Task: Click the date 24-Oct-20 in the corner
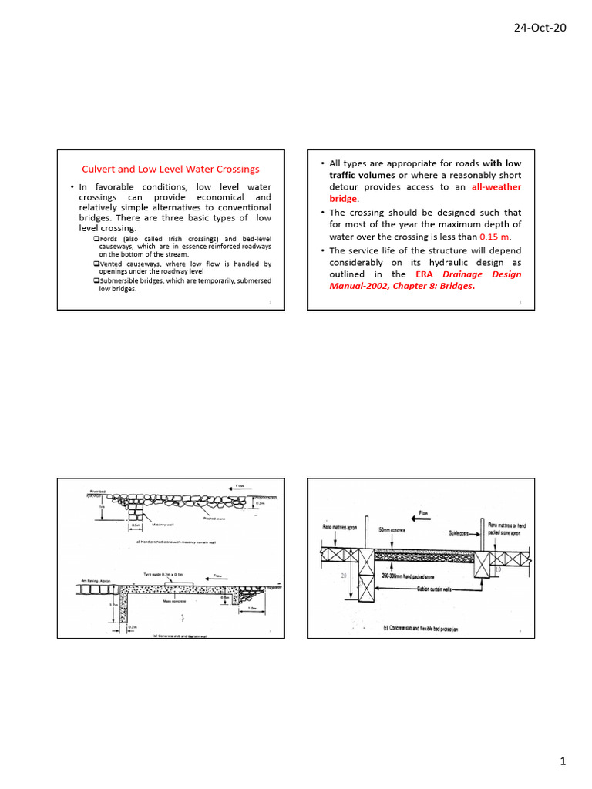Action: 540,28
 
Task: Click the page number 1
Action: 563,761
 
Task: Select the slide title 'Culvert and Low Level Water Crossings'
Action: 171,169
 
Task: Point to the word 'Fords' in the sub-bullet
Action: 111,239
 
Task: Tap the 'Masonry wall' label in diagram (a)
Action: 165,525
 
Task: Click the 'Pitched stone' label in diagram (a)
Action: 214,519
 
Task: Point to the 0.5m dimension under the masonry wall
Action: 136,525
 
